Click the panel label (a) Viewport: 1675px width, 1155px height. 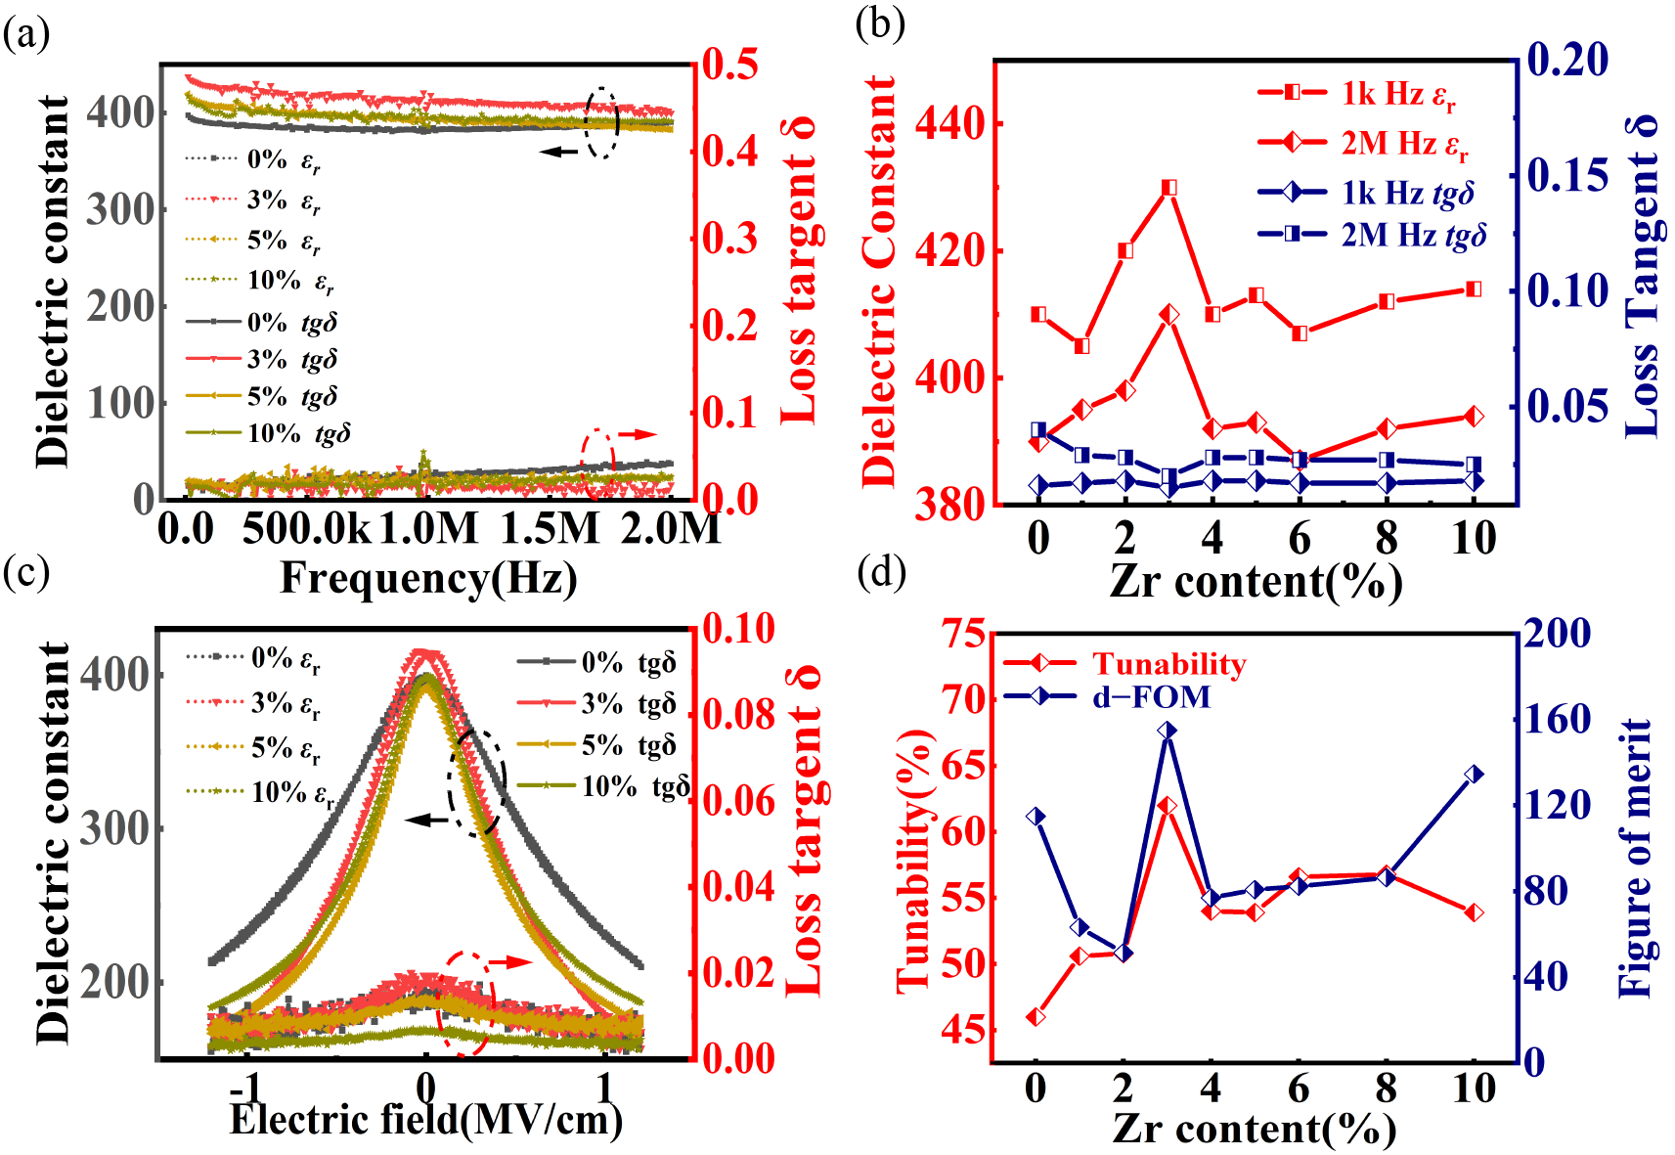click(x=26, y=35)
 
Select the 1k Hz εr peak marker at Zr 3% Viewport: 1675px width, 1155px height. click(x=1168, y=187)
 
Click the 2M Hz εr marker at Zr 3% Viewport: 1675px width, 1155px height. click(x=1168, y=315)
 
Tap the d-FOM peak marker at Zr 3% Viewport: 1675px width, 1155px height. click(x=1167, y=731)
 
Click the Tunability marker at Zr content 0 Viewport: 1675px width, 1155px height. click(x=1036, y=1017)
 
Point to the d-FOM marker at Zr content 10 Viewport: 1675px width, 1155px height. click(x=1474, y=775)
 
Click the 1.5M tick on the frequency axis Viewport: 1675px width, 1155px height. click(x=550, y=529)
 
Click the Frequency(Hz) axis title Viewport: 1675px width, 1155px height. click(x=428, y=577)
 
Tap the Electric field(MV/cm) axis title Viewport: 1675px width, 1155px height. click(x=426, y=1119)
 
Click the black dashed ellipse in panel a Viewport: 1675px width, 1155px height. click(x=602, y=122)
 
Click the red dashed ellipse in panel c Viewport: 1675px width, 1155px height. click(x=466, y=1002)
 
